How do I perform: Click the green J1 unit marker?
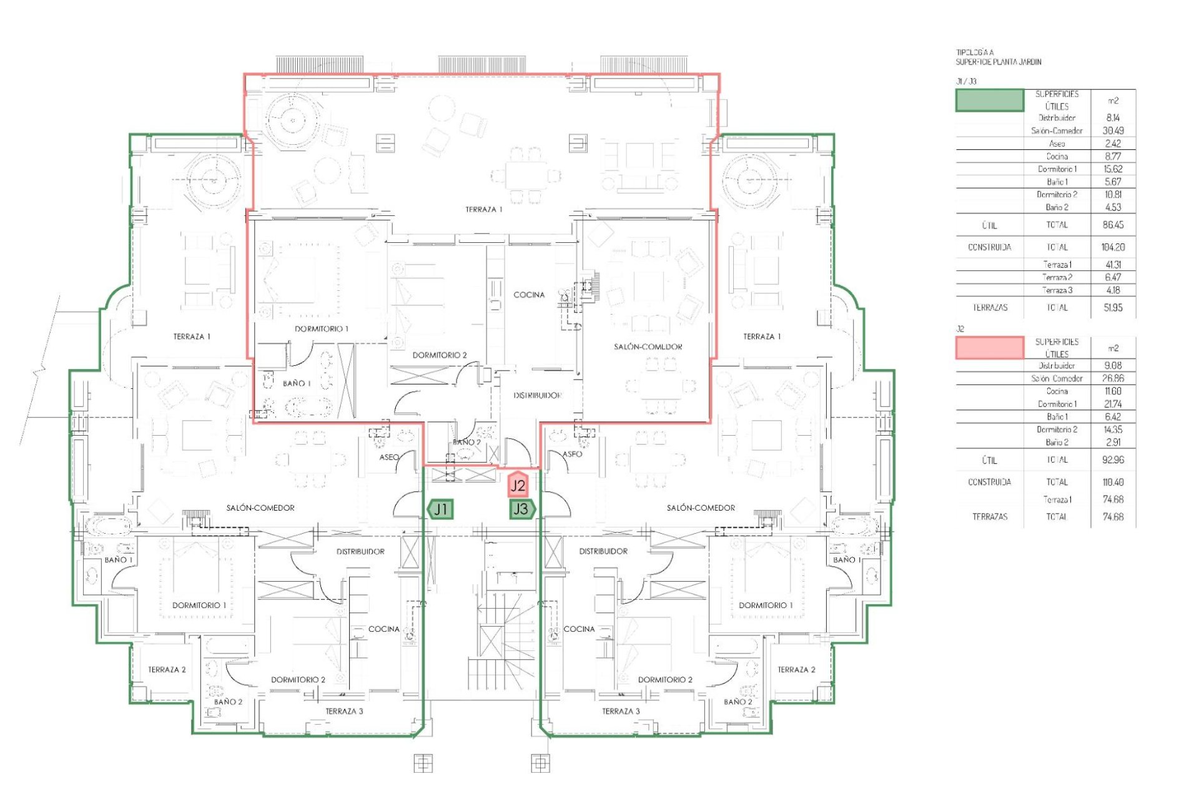(x=441, y=509)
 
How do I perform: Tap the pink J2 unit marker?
(x=518, y=485)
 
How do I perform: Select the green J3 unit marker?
(x=521, y=509)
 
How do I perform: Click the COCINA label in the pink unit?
(x=529, y=295)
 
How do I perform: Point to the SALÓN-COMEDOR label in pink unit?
(x=648, y=346)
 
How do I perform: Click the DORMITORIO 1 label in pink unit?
(x=322, y=328)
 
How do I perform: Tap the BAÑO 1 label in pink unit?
(x=296, y=383)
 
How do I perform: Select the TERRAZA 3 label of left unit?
(x=344, y=711)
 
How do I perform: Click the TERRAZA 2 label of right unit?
(x=796, y=670)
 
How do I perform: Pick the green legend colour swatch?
(x=990, y=100)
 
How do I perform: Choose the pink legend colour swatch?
(x=990, y=348)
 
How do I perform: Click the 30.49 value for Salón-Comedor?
(x=1113, y=130)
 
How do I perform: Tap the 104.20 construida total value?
(x=1113, y=247)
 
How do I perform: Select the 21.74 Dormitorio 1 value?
(x=1113, y=404)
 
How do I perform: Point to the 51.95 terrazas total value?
(x=1113, y=308)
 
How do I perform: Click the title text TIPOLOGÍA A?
(x=974, y=53)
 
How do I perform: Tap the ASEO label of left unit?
(x=389, y=457)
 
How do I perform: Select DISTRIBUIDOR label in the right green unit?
(x=603, y=551)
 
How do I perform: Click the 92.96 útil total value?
(x=1113, y=460)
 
